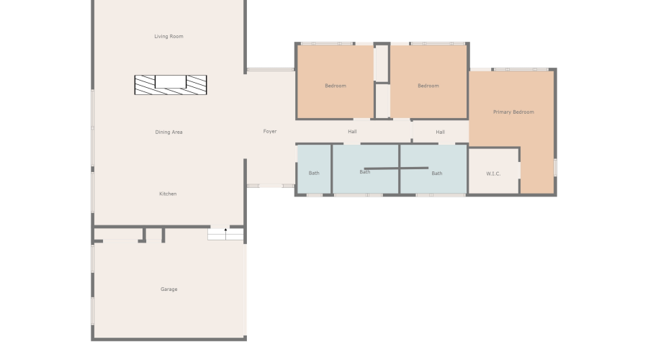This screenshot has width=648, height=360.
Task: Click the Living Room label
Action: [x=168, y=36]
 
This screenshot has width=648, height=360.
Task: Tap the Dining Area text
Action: [x=168, y=132]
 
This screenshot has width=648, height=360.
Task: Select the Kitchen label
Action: [x=168, y=194]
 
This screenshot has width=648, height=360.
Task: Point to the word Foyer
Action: [x=270, y=131]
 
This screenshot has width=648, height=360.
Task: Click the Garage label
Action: [x=168, y=289]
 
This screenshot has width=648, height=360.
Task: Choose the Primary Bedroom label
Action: [x=513, y=112]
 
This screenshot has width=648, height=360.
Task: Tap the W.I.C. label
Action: [x=493, y=173]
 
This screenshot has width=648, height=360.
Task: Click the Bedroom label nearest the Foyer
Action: [x=336, y=86]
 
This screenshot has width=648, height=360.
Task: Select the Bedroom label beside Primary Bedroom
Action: [x=428, y=86]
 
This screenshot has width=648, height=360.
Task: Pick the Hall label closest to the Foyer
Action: [x=352, y=132]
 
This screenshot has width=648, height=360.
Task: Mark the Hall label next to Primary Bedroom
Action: [x=440, y=132]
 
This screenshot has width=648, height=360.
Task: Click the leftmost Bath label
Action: [x=314, y=173]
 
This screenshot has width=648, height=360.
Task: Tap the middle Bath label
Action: [x=365, y=171]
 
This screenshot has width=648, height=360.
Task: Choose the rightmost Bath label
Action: [x=437, y=173]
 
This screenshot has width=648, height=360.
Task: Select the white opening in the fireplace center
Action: [x=171, y=81]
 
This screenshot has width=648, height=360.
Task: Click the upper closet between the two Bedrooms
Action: [x=382, y=63]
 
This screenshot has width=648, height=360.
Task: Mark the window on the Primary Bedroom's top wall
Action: [x=521, y=70]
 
